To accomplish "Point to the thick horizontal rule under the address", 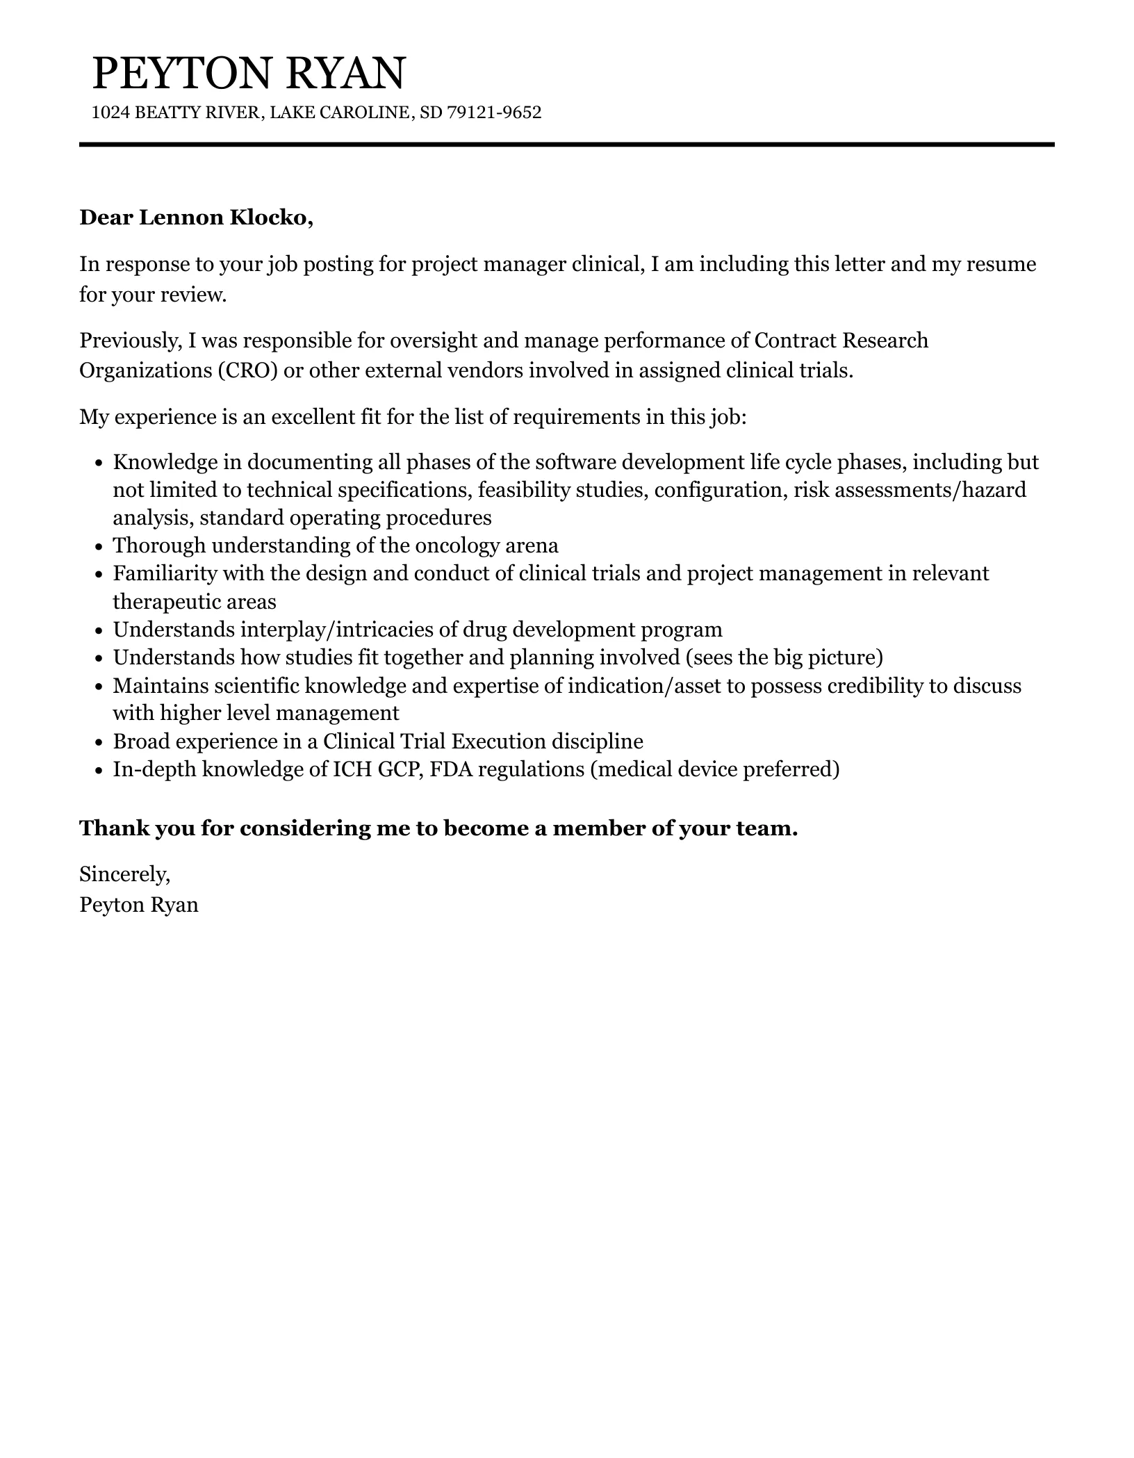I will pyautogui.click(x=566, y=145).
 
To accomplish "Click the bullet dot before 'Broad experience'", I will pyautogui.click(x=98, y=743).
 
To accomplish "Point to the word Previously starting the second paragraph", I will pyautogui.click(x=131, y=341).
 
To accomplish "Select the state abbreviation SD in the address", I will pyautogui.click(x=431, y=113).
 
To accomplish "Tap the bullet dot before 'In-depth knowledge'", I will pyautogui.click(x=98, y=771).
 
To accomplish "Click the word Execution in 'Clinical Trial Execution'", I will pyautogui.click(x=498, y=742).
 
